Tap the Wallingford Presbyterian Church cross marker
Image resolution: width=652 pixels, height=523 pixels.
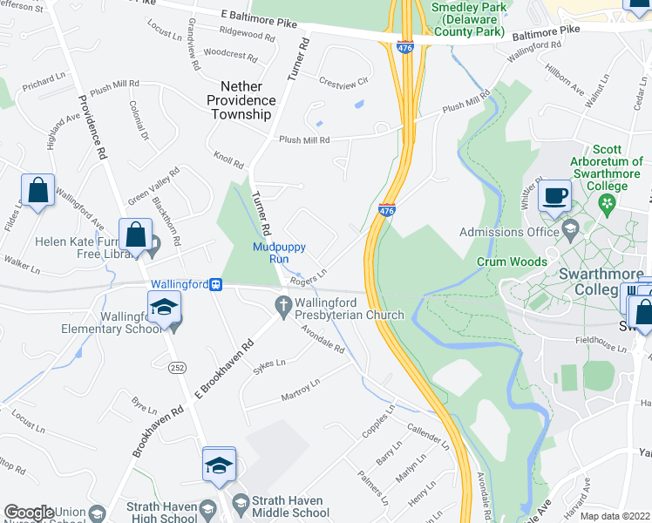[x=282, y=305]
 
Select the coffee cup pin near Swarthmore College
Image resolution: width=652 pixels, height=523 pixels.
[x=554, y=196]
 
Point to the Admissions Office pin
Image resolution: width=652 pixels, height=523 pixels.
[x=570, y=231]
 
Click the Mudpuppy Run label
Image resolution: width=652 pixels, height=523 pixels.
[x=282, y=253]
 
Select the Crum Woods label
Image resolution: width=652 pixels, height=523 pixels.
[x=512, y=261]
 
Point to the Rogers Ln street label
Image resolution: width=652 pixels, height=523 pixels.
[x=309, y=275]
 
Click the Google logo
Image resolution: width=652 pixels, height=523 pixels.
[x=29, y=513]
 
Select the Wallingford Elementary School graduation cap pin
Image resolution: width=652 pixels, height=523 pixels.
[x=162, y=309]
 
